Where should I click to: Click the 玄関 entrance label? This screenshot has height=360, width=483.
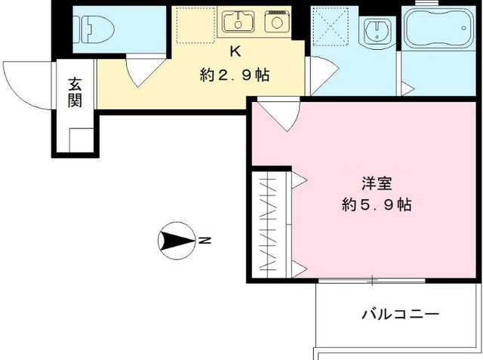(x=75, y=92)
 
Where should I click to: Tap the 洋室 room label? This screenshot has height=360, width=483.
(x=375, y=183)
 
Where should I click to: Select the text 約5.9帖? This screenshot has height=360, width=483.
(x=375, y=205)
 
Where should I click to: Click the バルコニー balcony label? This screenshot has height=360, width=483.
(x=400, y=312)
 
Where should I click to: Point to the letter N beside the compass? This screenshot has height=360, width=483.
(x=205, y=242)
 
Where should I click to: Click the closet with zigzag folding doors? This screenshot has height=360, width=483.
(x=269, y=225)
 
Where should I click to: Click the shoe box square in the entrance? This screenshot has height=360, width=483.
(x=80, y=140)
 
